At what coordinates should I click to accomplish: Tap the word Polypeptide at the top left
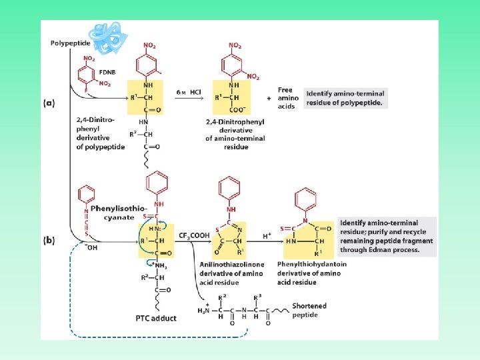coord(71,44)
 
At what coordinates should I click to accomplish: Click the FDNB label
coord(107,72)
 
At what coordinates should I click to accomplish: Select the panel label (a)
coord(49,104)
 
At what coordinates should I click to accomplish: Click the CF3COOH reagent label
coord(194,235)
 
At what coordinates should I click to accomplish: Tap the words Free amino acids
coord(286,98)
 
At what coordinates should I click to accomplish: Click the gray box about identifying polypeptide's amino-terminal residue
coord(345,98)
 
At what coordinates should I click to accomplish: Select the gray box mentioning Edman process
coord(387,236)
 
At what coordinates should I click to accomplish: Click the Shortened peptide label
coord(309,310)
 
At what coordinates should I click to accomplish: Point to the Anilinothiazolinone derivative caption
coord(231,273)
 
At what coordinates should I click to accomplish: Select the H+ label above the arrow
coord(267,236)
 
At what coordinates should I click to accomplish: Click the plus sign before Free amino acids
coord(269,98)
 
